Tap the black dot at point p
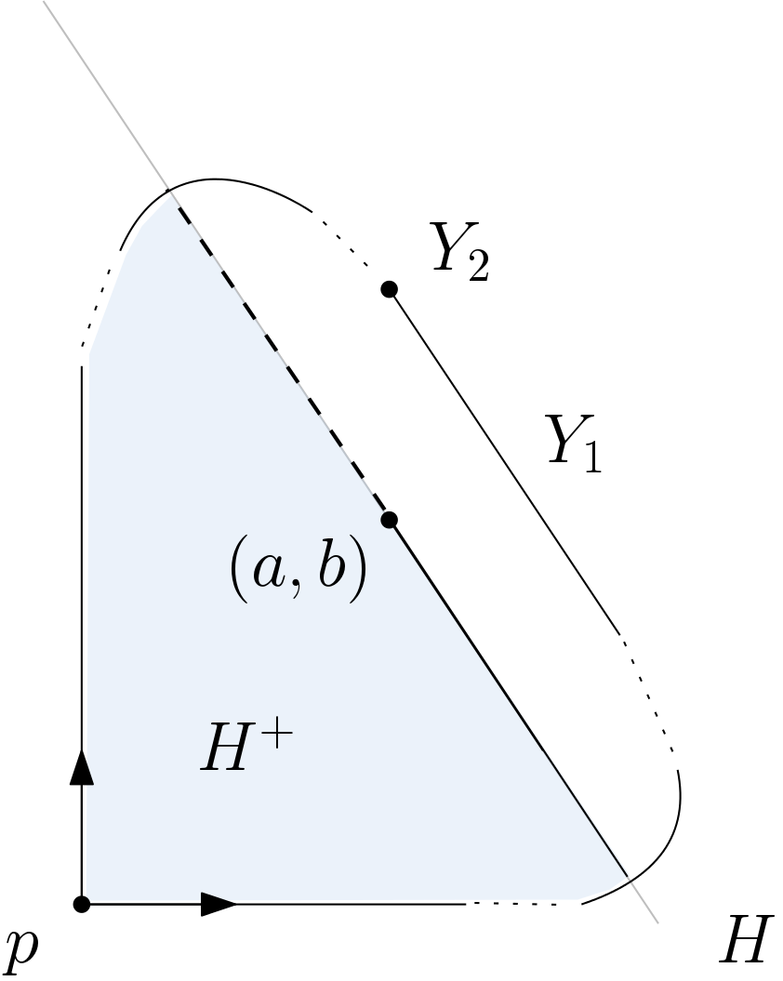tap(82, 903)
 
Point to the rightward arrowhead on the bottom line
tap(219, 903)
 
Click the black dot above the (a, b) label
tap(390, 519)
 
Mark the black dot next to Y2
tap(390, 289)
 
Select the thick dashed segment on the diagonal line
tap(279, 358)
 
